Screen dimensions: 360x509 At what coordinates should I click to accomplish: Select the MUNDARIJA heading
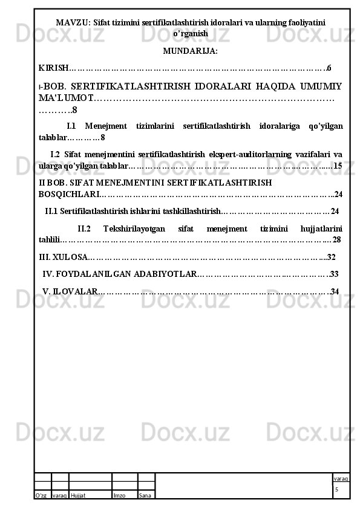tap(191, 51)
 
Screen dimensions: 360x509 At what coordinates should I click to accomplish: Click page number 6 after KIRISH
tap(329, 68)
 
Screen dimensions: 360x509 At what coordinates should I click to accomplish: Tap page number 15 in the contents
tap(338, 165)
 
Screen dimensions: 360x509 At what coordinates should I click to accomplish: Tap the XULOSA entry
tap(62, 256)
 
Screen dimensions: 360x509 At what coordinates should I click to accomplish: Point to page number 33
tap(334, 274)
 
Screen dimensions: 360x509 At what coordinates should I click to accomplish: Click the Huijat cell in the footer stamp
tap(78, 496)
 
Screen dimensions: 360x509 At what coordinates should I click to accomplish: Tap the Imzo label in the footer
tap(119, 496)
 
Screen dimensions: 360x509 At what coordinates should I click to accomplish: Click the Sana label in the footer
tap(145, 496)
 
